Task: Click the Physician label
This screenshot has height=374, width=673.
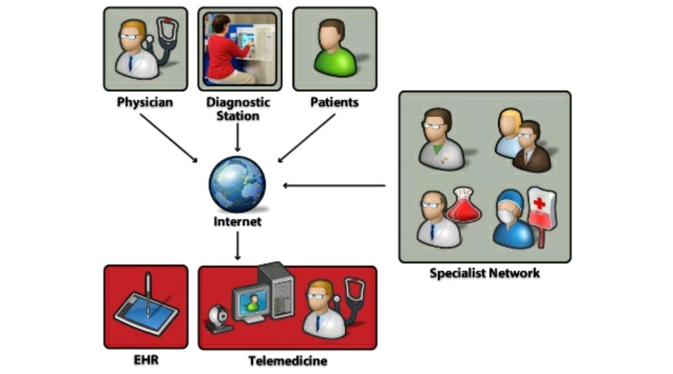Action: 145,101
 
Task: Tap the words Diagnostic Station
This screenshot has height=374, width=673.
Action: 239,108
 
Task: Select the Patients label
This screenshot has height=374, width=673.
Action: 335,101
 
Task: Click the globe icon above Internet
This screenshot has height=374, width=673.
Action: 237,185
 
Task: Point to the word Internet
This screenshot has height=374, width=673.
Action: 237,221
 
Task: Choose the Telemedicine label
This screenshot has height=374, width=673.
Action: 287,361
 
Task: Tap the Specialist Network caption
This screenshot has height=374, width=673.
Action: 484,273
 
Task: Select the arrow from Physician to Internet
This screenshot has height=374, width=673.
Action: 168,138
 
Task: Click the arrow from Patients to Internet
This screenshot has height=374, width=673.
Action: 307,138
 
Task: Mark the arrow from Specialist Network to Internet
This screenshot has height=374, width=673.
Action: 334,185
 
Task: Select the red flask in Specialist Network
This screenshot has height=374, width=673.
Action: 465,206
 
